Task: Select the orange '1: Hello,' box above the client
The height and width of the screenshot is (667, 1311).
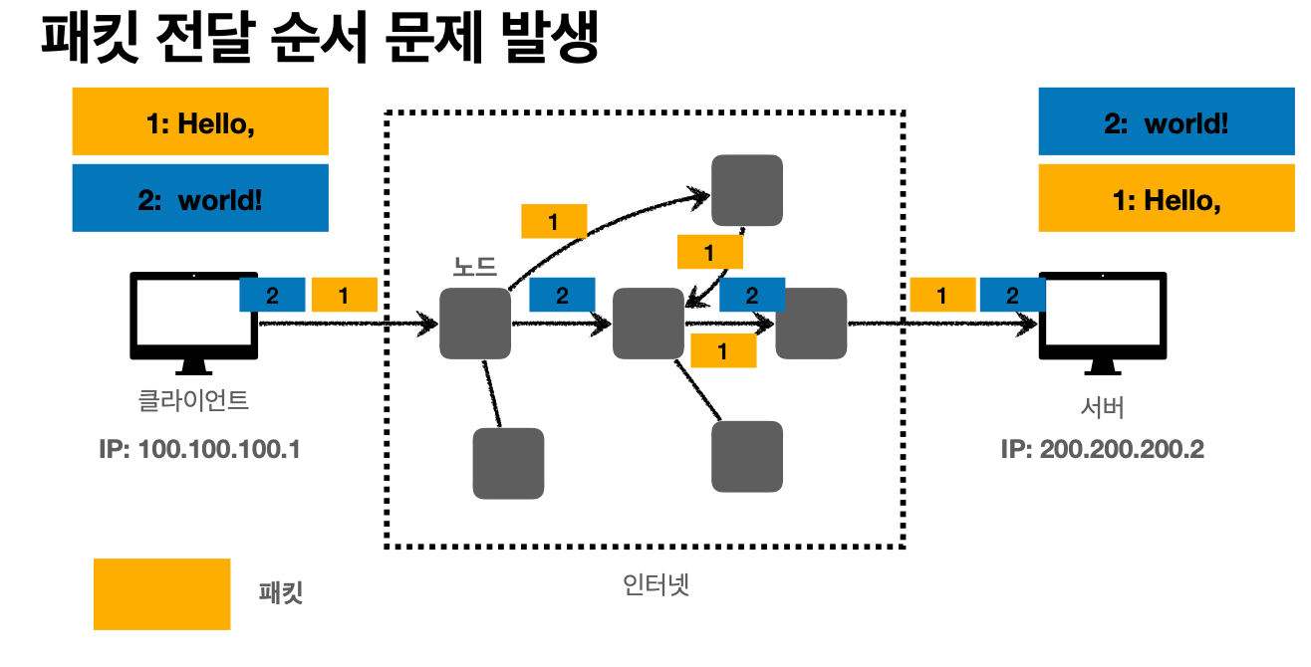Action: point(200,121)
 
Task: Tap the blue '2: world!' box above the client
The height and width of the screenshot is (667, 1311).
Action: point(200,198)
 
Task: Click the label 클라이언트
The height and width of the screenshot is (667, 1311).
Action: point(193,401)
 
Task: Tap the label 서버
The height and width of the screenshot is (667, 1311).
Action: point(1102,407)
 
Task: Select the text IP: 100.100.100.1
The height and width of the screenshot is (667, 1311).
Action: point(200,449)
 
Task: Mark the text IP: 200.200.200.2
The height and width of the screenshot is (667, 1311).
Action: point(1102,449)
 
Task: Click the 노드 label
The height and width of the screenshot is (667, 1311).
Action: point(474,267)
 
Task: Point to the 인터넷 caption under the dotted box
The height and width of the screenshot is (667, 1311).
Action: point(655,584)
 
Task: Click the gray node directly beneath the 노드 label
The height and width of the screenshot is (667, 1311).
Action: point(475,324)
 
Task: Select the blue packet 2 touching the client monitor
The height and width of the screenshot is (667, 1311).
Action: point(272,295)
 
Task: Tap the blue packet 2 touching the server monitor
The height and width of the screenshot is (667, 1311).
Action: point(1012,295)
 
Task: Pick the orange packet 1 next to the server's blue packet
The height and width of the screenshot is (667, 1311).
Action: point(942,295)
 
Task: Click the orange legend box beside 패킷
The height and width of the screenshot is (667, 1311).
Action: point(161,594)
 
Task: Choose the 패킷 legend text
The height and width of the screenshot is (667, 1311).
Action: point(281,594)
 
